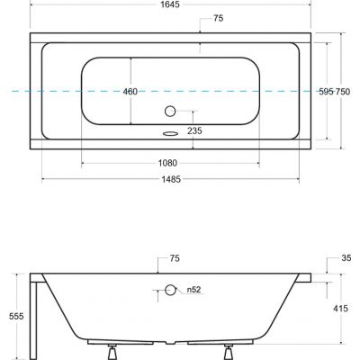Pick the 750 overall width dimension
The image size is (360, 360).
coord(345,92)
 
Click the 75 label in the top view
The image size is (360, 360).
coord(219,19)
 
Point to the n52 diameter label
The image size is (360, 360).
coord(193,290)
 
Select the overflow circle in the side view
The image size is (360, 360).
coord(170,290)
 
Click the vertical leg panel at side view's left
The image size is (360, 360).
coord(33,315)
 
